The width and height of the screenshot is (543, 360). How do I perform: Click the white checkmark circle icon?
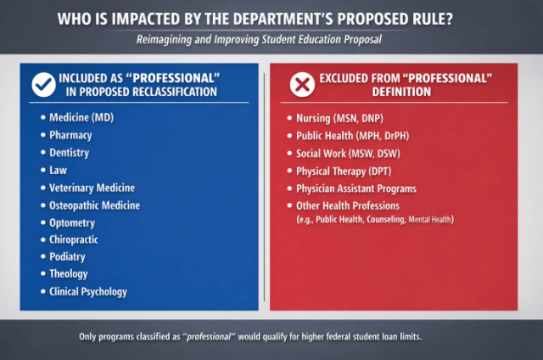tap(43, 85)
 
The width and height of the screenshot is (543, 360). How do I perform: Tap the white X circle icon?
tap(301, 85)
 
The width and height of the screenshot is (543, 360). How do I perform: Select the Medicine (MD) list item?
tap(81, 117)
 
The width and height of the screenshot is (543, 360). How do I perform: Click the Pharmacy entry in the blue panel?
tap(72, 135)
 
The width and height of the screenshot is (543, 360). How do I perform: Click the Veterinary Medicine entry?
tap(92, 188)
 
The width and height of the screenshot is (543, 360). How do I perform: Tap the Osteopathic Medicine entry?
tap(95, 205)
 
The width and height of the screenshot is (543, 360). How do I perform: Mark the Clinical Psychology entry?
tap(89, 292)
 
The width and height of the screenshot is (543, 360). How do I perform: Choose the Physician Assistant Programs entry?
tap(356, 188)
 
